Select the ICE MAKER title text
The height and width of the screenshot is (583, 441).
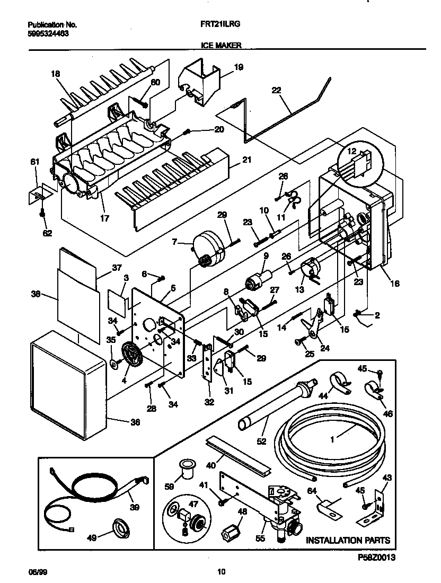222,46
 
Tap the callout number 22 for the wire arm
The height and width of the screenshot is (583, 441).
276,91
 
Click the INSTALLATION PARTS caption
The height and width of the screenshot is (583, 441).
348,541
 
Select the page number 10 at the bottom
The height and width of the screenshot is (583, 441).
222,571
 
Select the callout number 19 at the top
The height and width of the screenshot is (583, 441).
239,67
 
